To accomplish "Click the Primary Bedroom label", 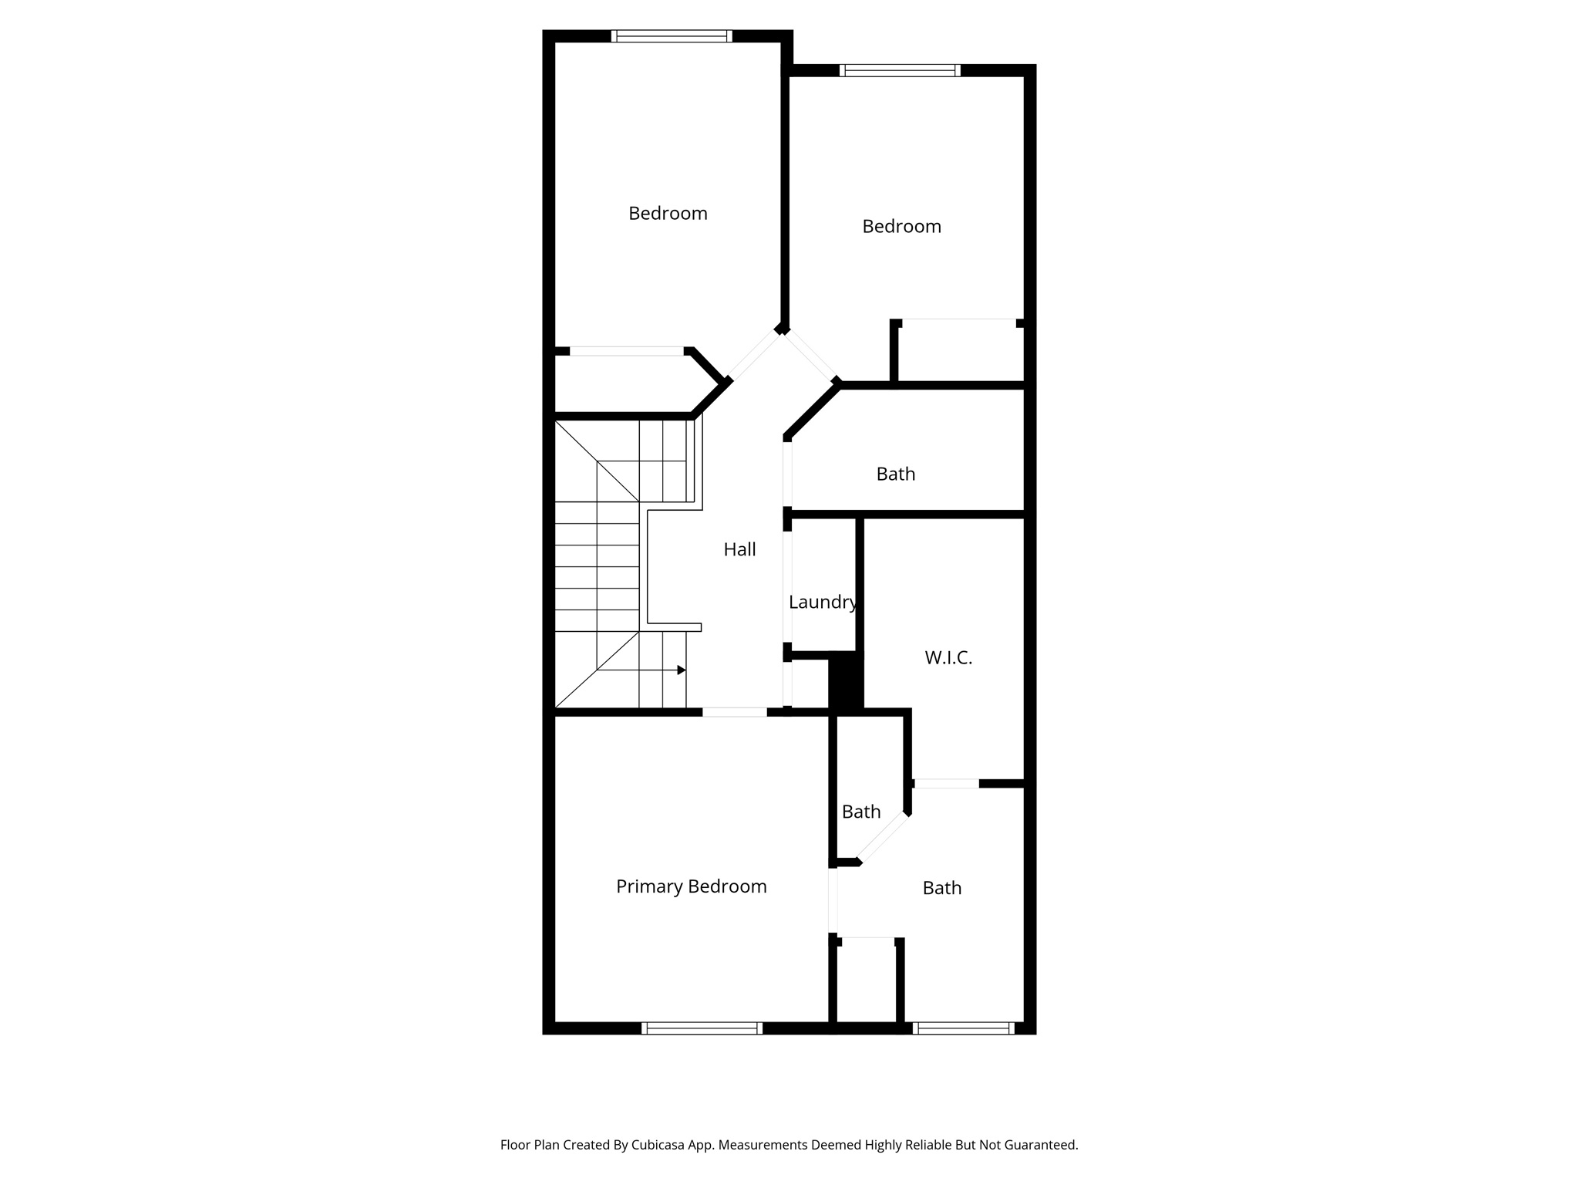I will [691, 886].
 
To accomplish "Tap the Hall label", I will [739, 549].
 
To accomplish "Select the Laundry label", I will [822, 603].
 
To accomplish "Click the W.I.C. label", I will [948, 658].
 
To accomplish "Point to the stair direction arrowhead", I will [682, 670].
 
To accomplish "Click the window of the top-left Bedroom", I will [672, 35].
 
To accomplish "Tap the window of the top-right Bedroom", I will [900, 70].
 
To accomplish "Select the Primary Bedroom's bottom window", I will [702, 1028].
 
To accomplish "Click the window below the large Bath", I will [963, 1028].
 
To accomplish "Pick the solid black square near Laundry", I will [845, 680].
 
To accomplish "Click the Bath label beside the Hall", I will [895, 474].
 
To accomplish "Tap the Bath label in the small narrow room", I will [860, 812].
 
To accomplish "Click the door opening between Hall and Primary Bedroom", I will [734, 712].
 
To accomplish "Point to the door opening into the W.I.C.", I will [946, 784].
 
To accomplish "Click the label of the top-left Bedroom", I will [668, 214].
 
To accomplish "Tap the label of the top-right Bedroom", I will [901, 227].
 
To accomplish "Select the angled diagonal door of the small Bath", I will [884, 837].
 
